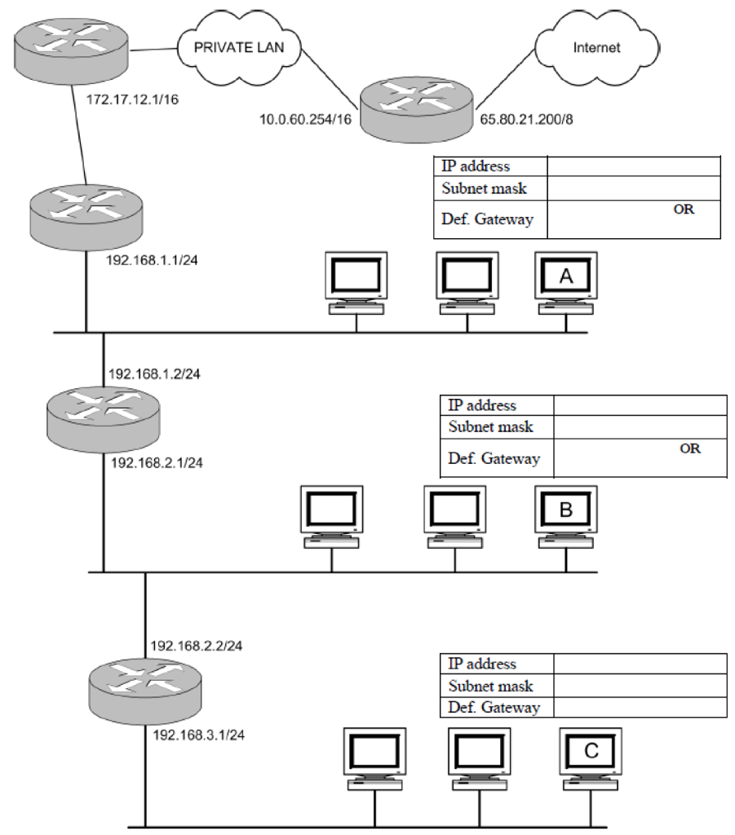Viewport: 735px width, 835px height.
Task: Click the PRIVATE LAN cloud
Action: pos(238,46)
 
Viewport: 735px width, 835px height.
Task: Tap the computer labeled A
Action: pos(566,282)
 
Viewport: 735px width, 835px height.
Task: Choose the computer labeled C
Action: pos(591,756)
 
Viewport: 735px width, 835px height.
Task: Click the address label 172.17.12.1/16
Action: pos(131,104)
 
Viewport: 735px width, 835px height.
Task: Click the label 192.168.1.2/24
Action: pos(154,374)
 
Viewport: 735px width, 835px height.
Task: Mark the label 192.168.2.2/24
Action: pos(197,645)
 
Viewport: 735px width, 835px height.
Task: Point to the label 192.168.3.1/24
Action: pos(199,734)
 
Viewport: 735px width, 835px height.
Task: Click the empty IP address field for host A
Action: pos(634,166)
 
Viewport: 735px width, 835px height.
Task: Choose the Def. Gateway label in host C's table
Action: pos(494,707)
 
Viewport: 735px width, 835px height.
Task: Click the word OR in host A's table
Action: pos(684,208)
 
